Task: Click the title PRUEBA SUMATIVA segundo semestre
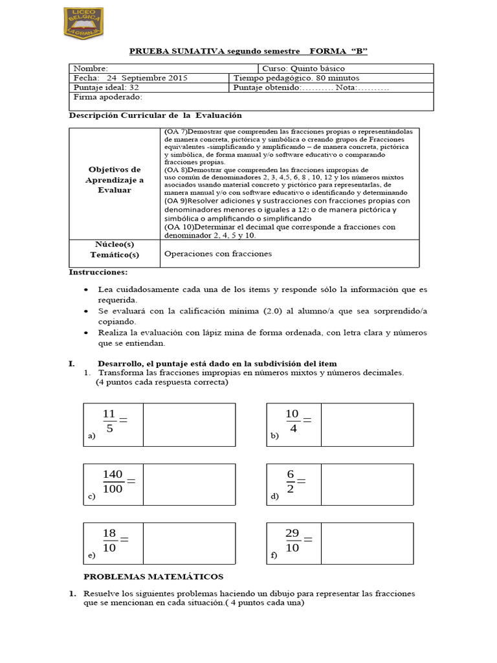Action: pyautogui.click(x=209, y=51)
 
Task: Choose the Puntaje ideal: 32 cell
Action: pyautogui.click(x=106, y=87)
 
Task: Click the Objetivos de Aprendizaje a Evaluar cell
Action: pyautogui.click(x=114, y=179)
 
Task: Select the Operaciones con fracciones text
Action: pyautogui.click(x=218, y=253)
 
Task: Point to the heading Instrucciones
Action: pyautogui.click(x=98, y=272)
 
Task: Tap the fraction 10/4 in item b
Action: pyautogui.click(x=293, y=421)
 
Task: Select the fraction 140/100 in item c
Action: pyautogui.click(x=113, y=482)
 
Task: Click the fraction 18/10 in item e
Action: pyautogui.click(x=109, y=540)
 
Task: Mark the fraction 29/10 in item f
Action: pyautogui.click(x=293, y=540)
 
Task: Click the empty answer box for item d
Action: pyautogui.click(x=366, y=484)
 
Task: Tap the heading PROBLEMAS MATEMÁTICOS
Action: pyautogui.click(x=153, y=576)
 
